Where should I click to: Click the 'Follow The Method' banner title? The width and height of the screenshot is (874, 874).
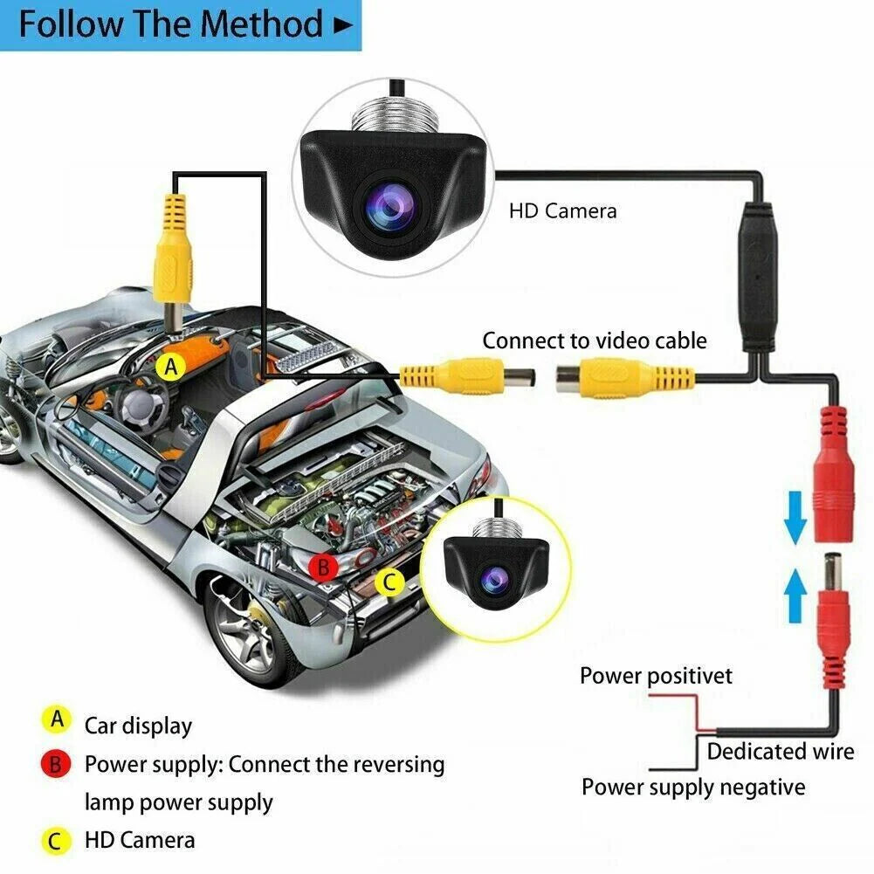(170, 24)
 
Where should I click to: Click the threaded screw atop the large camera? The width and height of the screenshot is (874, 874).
(392, 114)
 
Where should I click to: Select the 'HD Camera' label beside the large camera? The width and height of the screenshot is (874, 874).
(563, 210)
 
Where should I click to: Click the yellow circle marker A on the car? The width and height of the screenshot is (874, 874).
(171, 368)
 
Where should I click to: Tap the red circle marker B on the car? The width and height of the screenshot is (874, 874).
(324, 568)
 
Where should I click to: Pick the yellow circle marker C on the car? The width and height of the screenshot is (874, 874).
(390, 582)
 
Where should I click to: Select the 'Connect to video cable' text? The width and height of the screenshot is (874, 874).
(595, 340)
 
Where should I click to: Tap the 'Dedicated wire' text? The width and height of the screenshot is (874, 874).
(780, 751)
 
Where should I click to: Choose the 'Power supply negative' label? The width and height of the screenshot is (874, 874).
(693, 787)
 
